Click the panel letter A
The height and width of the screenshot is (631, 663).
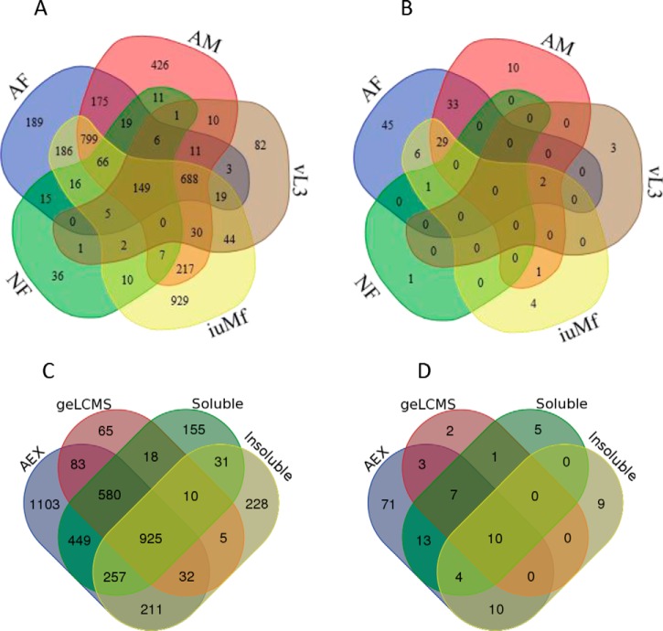coord(41,13)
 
